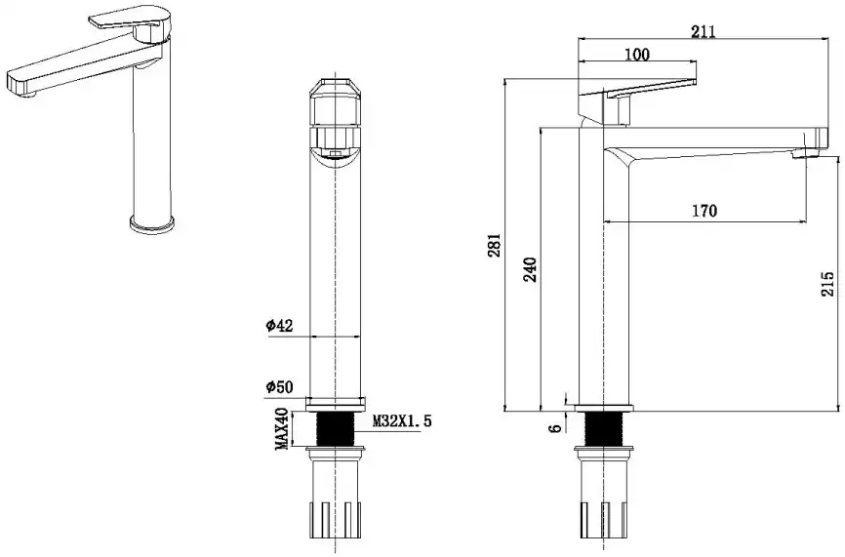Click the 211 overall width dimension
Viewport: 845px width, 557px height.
pos(704,31)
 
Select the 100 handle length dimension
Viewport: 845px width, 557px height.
pos(637,55)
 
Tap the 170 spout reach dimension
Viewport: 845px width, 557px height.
pos(704,211)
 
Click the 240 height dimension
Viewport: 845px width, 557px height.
pos(531,268)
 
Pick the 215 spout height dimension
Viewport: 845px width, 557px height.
pos(828,283)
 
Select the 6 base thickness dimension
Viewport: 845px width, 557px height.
pos(555,427)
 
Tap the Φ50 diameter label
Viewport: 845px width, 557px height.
pos(280,388)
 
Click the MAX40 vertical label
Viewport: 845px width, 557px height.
pos(281,428)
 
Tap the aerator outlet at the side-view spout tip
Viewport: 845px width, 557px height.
pos(806,152)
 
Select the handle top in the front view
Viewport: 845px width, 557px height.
pos(336,89)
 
